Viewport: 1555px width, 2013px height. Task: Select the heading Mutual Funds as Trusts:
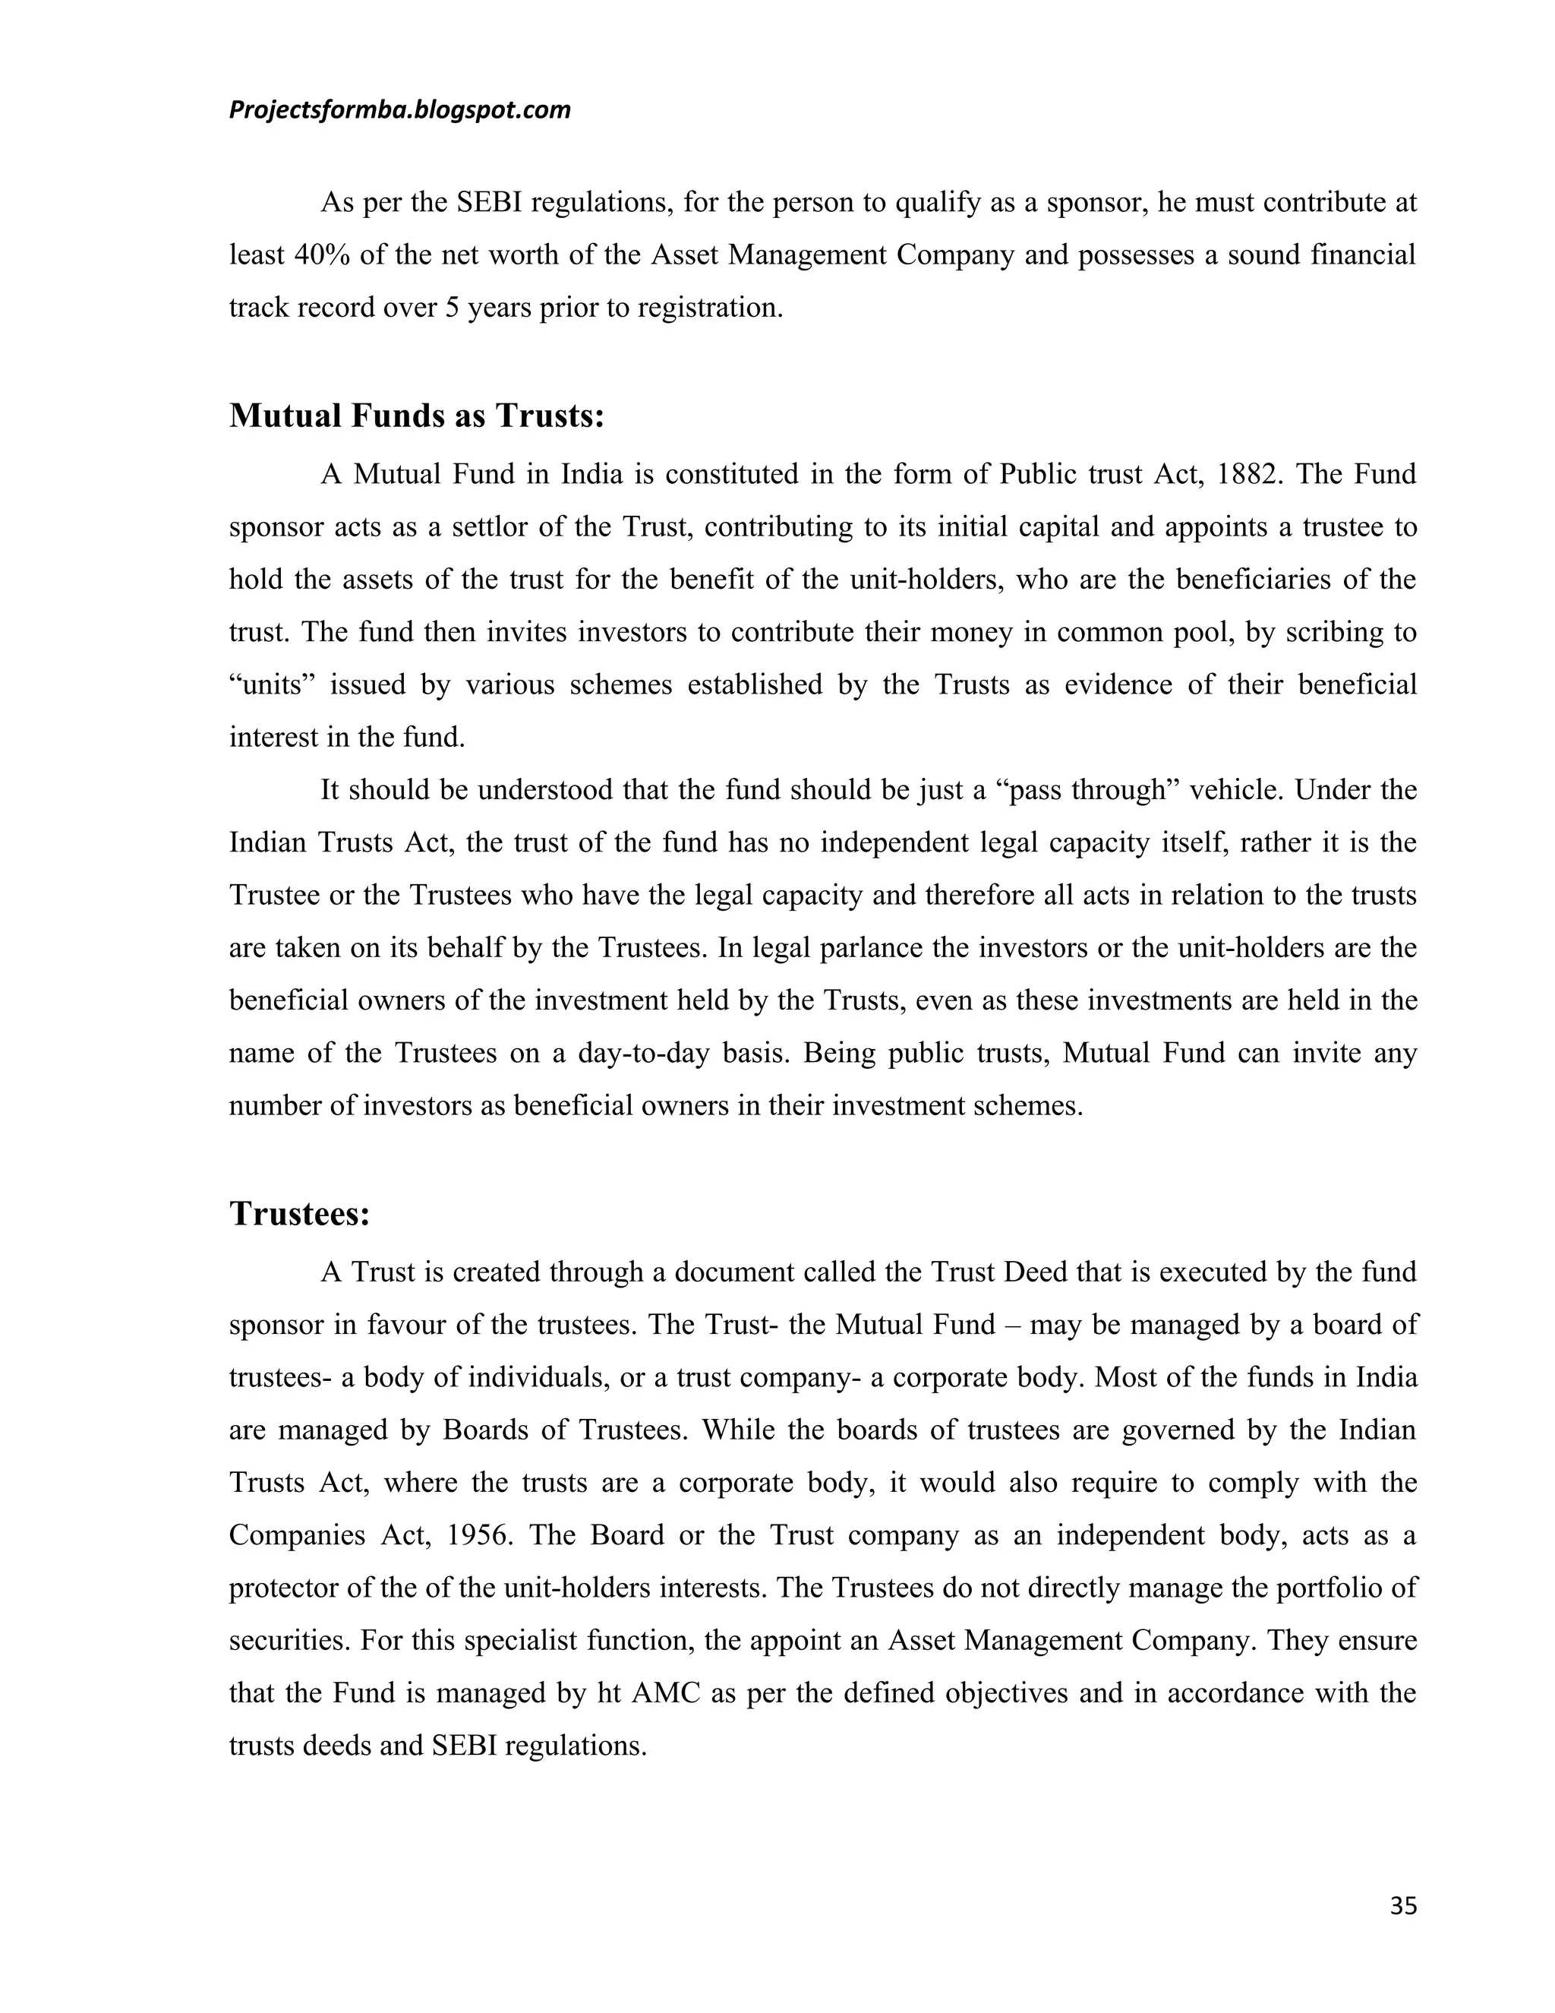click(x=416, y=416)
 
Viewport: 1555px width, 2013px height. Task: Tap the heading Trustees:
click(x=299, y=1214)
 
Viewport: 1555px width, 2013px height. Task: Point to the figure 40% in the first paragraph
click(x=321, y=255)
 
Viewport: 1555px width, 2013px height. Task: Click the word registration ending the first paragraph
click(x=708, y=308)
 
